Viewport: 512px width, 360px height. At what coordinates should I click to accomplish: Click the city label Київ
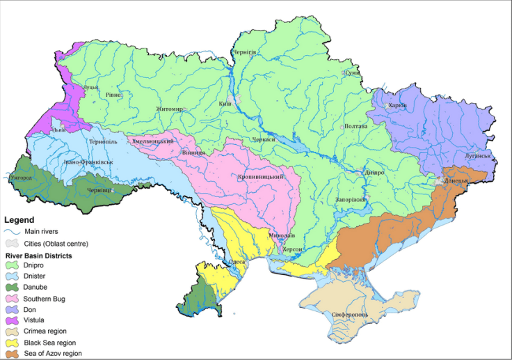click(225, 104)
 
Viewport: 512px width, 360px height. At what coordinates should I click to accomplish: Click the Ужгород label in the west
click(20, 178)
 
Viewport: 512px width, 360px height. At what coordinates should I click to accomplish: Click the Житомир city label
click(170, 109)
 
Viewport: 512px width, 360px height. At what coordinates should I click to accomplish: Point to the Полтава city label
click(355, 127)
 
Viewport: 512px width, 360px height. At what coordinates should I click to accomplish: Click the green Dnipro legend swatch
click(13, 265)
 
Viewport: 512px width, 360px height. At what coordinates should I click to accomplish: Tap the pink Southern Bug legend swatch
click(13, 298)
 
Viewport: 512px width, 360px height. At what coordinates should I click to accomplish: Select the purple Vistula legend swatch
click(13, 320)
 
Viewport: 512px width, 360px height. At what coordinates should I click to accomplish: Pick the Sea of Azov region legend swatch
click(13, 353)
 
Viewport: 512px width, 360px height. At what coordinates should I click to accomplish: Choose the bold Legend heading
click(19, 220)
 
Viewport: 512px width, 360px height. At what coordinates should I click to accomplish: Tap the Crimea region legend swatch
click(13, 331)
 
